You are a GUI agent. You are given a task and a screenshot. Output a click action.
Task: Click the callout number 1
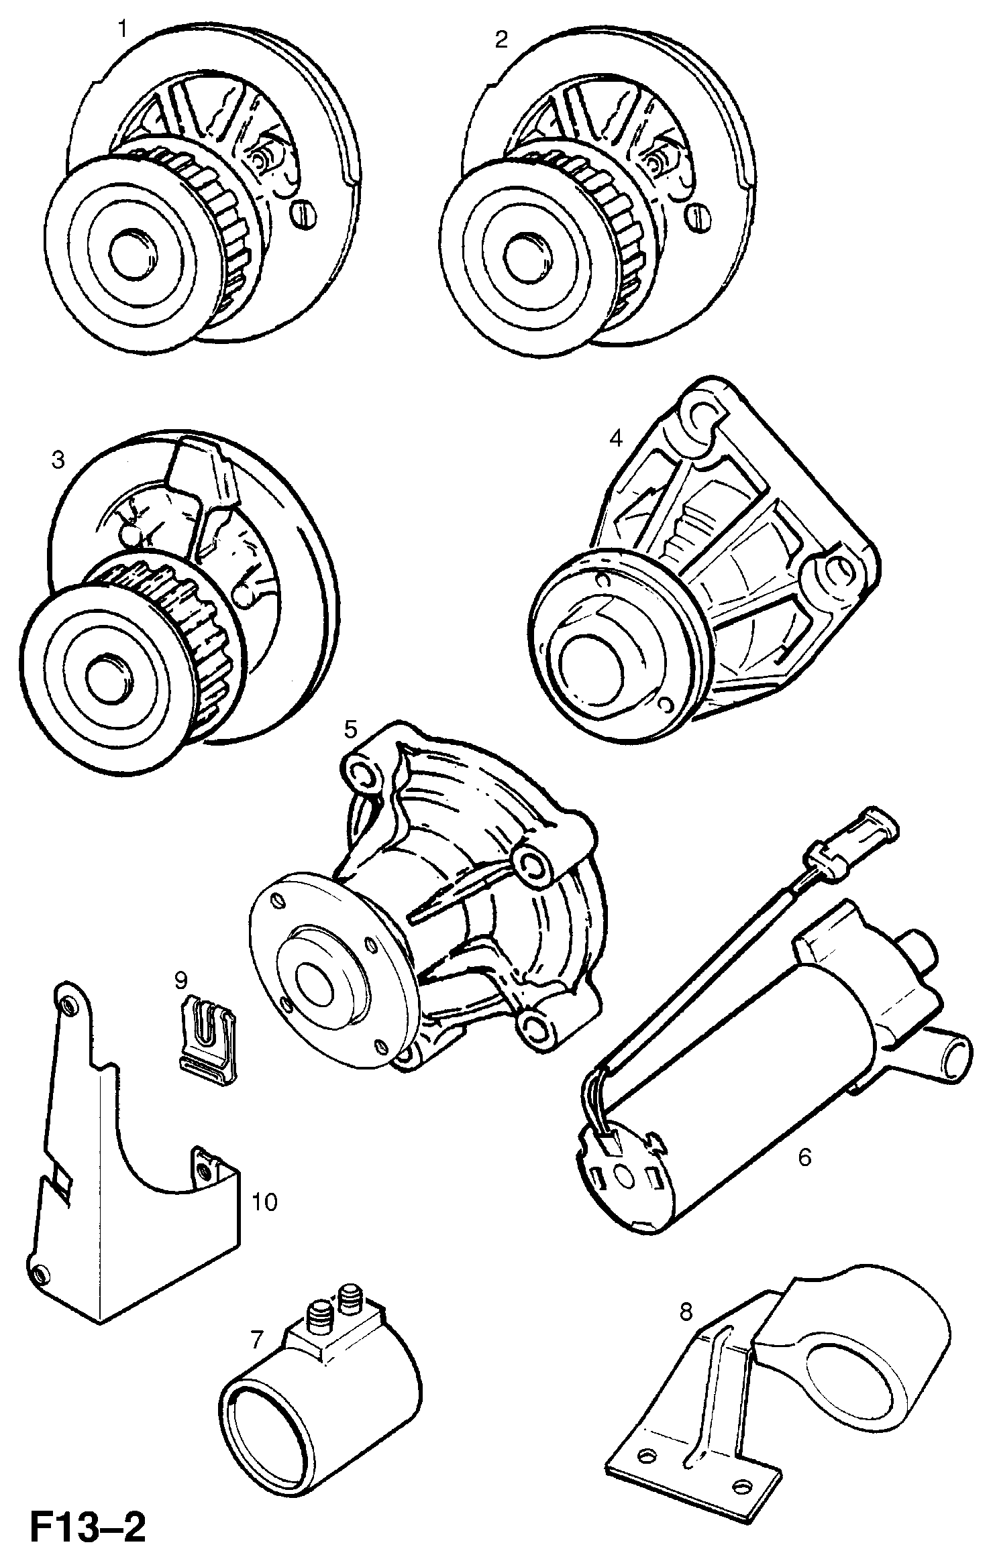(x=122, y=30)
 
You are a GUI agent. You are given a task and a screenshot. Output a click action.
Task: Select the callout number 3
(x=58, y=460)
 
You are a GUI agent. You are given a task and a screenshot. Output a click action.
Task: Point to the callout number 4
(x=616, y=439)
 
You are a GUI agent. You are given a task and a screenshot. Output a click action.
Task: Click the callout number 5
(x=352, y=729)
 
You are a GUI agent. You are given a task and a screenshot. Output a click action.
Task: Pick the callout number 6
(x=804, y=1157)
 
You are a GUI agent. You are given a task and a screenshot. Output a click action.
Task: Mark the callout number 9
(x=180, y=981)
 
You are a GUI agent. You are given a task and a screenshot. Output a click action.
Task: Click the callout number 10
(x=265, y=1202)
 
